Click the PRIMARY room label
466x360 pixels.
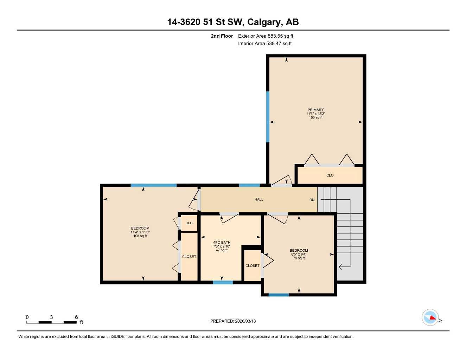315,110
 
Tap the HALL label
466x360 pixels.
259,199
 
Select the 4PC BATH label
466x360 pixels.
222,242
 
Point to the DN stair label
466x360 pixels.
312,200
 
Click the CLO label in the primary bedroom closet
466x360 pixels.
330,175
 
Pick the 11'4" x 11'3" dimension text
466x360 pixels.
140,232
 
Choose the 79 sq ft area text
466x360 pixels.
299,258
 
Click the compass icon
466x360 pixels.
430,317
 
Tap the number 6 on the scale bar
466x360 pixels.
76,317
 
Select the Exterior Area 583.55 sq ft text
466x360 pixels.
266,36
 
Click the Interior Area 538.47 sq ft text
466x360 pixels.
265,44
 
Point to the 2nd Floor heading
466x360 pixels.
222,36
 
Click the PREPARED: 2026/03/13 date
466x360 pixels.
233,321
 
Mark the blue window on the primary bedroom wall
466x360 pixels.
268,117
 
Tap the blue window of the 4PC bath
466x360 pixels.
223,282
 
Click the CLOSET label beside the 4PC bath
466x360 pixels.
252,265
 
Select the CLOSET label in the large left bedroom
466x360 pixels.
189,257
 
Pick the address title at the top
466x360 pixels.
233,22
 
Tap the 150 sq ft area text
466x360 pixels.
315,117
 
